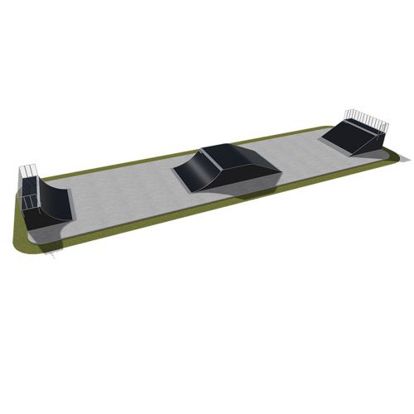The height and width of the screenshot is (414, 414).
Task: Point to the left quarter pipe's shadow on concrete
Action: pos(46,236)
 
